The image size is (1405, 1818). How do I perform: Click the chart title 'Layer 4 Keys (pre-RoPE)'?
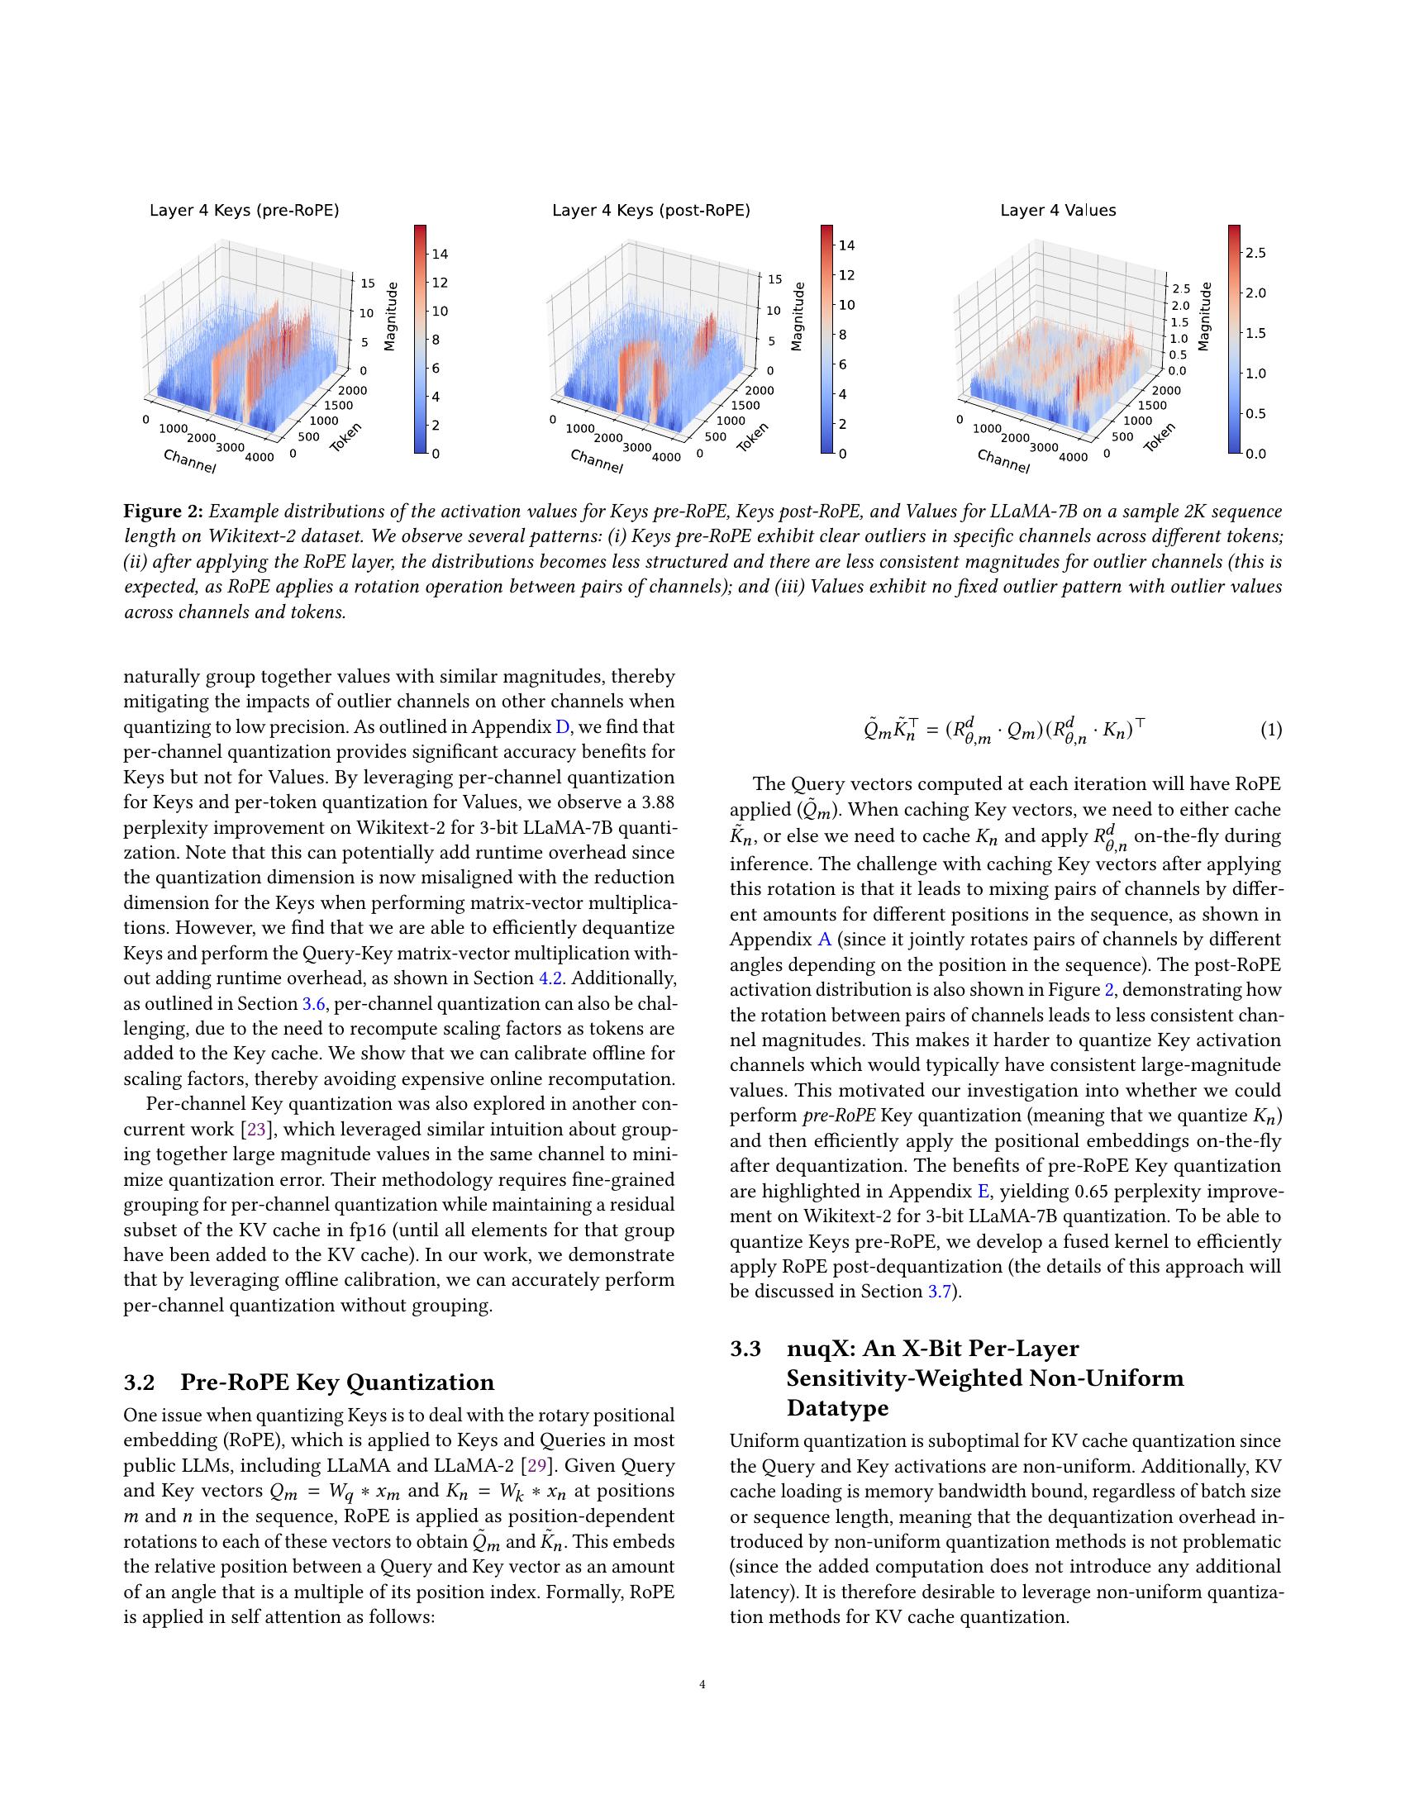click(x=244, y=211)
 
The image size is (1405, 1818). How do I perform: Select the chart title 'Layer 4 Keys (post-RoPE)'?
click(x=651, y=211)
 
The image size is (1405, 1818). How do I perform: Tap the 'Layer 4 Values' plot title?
click(x=1057, y=211)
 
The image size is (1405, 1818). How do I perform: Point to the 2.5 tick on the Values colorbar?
click(x=1255, y=253)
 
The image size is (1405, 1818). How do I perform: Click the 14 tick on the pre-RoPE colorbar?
click(x=440, y=254)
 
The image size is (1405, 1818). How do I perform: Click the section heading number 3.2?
click(x=139, y=1383)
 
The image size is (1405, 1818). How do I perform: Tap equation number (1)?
click(x=1270, y=731)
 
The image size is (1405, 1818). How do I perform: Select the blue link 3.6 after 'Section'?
click(x=312, y=1004)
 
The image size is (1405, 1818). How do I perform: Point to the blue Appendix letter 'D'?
click(x=563, y=726)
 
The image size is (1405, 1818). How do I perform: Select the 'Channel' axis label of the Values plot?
click(x=1003, y=461)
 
